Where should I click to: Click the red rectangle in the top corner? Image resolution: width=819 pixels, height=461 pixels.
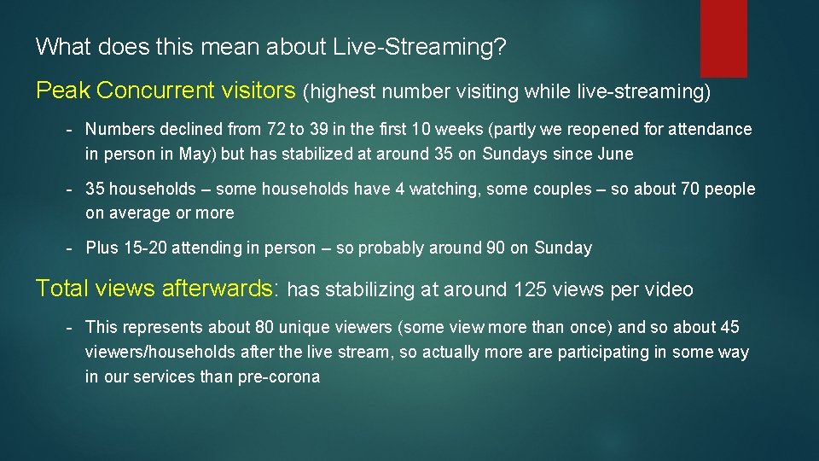(723, 38)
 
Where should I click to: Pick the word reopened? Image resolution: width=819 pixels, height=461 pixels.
(581, 130)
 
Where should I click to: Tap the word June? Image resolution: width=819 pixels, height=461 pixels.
(616, 155)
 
